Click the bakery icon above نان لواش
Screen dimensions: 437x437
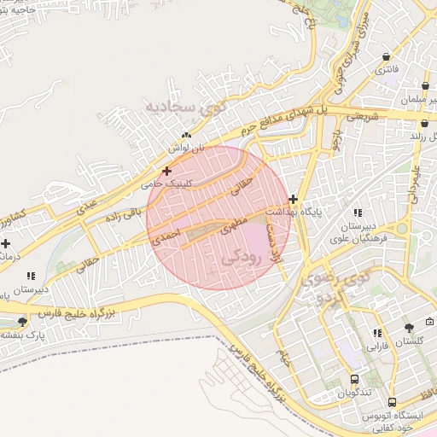pyautogui.click(x=185, y=135)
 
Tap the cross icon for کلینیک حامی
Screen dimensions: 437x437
pyautogui.click(x=166, y=172)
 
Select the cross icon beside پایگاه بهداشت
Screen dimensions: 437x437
pyautogui.click(x=294, y=198)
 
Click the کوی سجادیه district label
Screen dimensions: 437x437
pyautogui.click(x=182, y=108)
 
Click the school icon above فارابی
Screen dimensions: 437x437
pyautogui.click(x=376, y=334)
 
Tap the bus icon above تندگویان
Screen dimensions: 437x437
pyautogui.click(x=354, y=379)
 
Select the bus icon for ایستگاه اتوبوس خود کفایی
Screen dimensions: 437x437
pyautogui.click(x=392, y=401)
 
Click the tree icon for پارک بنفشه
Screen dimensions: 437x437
pyautogui.click(x=21, y=322)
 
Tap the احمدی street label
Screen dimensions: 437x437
pyautogui.click(x=164, y=236)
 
